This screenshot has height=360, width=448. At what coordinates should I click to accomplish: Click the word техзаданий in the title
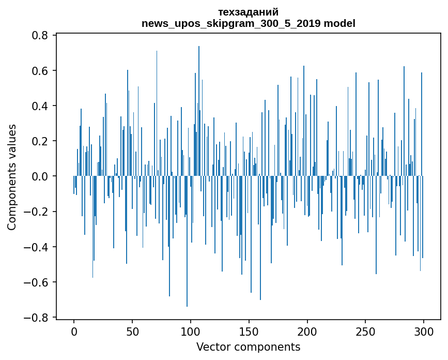coord(249,12)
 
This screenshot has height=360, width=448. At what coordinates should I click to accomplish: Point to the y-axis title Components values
coord(12,177)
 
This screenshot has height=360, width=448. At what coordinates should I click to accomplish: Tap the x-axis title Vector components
coord(248,347)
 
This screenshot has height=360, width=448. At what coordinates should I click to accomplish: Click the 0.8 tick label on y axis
coord(41,35)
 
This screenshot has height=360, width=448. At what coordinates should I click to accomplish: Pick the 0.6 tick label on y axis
coord(41,70)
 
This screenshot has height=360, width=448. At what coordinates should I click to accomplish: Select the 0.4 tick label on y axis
coord(41,106)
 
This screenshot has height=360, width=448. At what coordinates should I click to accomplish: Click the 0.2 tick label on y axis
coord(41,141)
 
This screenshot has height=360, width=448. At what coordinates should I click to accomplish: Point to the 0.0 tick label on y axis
coord(41,176)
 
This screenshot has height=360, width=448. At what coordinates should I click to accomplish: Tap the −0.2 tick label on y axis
coord(37,212)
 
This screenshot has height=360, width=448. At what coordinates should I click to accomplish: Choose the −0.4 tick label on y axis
coord(37,247)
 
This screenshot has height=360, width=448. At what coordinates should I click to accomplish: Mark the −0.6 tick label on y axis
coord(37,282)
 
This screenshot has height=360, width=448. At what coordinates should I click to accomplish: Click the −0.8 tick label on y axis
coord(37,318)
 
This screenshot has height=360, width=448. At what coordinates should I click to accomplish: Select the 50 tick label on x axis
coord(132,331)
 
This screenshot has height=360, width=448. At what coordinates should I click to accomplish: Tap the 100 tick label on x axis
coord(191,331)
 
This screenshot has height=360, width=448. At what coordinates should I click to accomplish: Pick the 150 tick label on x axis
coord(249,331)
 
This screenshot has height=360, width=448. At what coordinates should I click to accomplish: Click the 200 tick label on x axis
coord(307,331)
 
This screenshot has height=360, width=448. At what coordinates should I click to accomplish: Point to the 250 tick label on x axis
coord(365,331)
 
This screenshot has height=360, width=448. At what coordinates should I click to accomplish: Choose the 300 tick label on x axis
coord(424,331)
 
